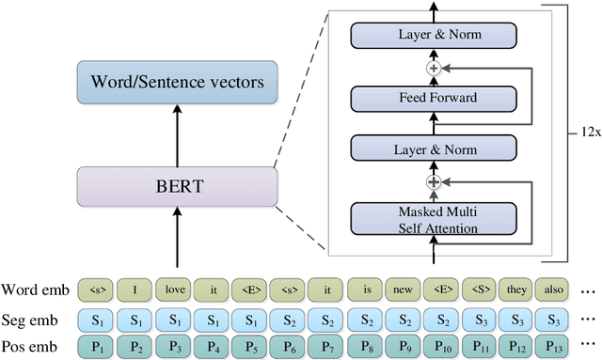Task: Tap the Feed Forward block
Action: pos(433,98)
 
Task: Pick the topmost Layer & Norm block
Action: pos(433,36)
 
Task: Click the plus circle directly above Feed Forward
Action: pos(434,68)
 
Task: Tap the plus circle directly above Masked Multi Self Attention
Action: pos(434,181)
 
